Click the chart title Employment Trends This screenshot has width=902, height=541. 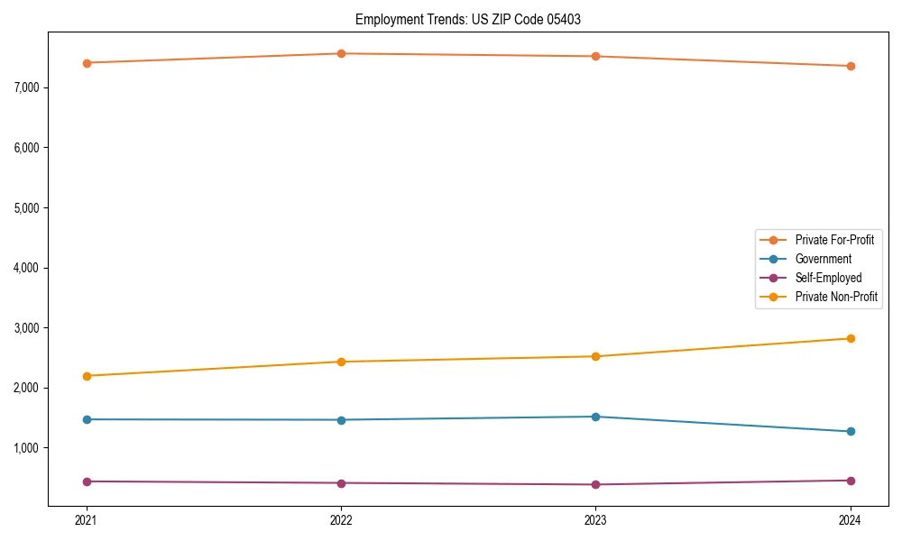(474, 19)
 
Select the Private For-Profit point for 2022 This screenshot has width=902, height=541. (341, 54)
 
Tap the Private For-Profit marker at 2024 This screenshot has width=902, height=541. (851, 66)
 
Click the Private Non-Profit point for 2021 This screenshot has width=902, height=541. (87, 376)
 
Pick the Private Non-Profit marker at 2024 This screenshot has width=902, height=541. (851, 338)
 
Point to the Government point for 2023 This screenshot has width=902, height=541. (596, 417)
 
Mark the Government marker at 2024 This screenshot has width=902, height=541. (851, 431)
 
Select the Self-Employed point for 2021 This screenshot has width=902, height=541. (87, 481)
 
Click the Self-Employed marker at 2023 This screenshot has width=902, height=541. (596, 484)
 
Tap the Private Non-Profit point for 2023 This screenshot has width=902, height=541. (596, 356)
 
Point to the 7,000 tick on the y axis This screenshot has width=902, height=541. (27, 87)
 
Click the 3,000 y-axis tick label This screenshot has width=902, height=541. (27, 328)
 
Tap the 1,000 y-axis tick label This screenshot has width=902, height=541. (27, 448)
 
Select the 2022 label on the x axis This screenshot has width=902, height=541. (341, 520)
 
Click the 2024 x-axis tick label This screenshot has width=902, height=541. (851, 520)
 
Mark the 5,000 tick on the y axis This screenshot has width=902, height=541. (27, 207)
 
